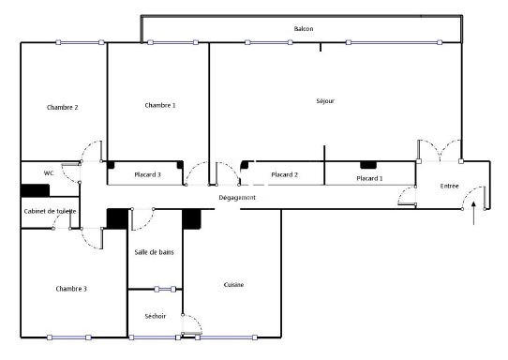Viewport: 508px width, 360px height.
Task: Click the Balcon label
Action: (303, 29)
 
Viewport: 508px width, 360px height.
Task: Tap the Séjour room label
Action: (325, 101)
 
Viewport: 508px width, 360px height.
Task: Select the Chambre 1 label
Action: (159, 105)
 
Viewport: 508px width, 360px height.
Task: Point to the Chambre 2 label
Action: (62, 107)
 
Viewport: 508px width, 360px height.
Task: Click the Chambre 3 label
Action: (70, 289)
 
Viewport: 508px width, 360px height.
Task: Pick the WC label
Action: (49, 173)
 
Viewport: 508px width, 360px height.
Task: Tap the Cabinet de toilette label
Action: (51, 211)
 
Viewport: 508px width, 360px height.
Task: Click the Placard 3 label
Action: (147, 174)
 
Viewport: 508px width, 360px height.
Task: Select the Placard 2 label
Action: (284, 174)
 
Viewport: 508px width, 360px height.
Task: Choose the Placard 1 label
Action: (369, 178)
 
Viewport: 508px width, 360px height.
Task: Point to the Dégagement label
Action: (237, 198)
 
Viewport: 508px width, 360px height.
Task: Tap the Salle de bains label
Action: (154, 252)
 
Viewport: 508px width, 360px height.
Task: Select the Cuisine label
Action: (233, 285)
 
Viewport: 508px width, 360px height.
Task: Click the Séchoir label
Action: (155, 316)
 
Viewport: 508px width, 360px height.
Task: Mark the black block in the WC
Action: (36, 190)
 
